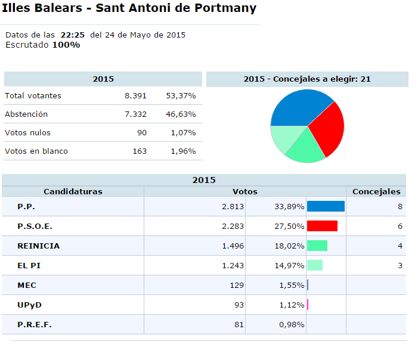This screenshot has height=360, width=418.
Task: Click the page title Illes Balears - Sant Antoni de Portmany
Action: pyautogui.click(x=129, y=8)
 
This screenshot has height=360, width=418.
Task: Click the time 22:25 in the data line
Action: pyautogui.click(x=72, y=35)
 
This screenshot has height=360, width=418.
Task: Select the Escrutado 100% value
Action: pyautogui.click(x=66, y=45)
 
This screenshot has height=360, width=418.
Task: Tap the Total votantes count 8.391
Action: pyautogui.click(x=135, y=96)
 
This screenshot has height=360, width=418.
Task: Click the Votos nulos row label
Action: pyautogui.click(x=27, y=133)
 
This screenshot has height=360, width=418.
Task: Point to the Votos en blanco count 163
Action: pyautogui.click(x=140, y=151)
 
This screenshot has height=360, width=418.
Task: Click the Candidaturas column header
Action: pyautogui.click(x=73, y=191)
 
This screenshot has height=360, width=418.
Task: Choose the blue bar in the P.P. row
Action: pyautogui.click(x=326, y=206)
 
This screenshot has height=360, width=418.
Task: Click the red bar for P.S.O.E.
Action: pyautogui.click(x=322, y=226)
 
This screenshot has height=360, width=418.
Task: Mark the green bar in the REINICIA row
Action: pyautogui.click(x=317, y=246)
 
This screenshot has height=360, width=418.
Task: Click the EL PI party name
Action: pyautogui.click(x=29, y=265)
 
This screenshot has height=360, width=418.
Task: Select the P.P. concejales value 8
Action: pyautogui.click(x=400, y=207)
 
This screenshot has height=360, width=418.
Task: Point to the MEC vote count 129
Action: pyautogui.click(x=237, y=285)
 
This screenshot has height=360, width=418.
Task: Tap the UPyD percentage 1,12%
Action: pyautogui.click(x=292, y=305)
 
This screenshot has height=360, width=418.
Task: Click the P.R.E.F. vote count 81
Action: pyautogui.click(x=239, y=325)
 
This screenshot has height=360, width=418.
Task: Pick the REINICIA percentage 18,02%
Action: pyautogui.click(x=289, y=246)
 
